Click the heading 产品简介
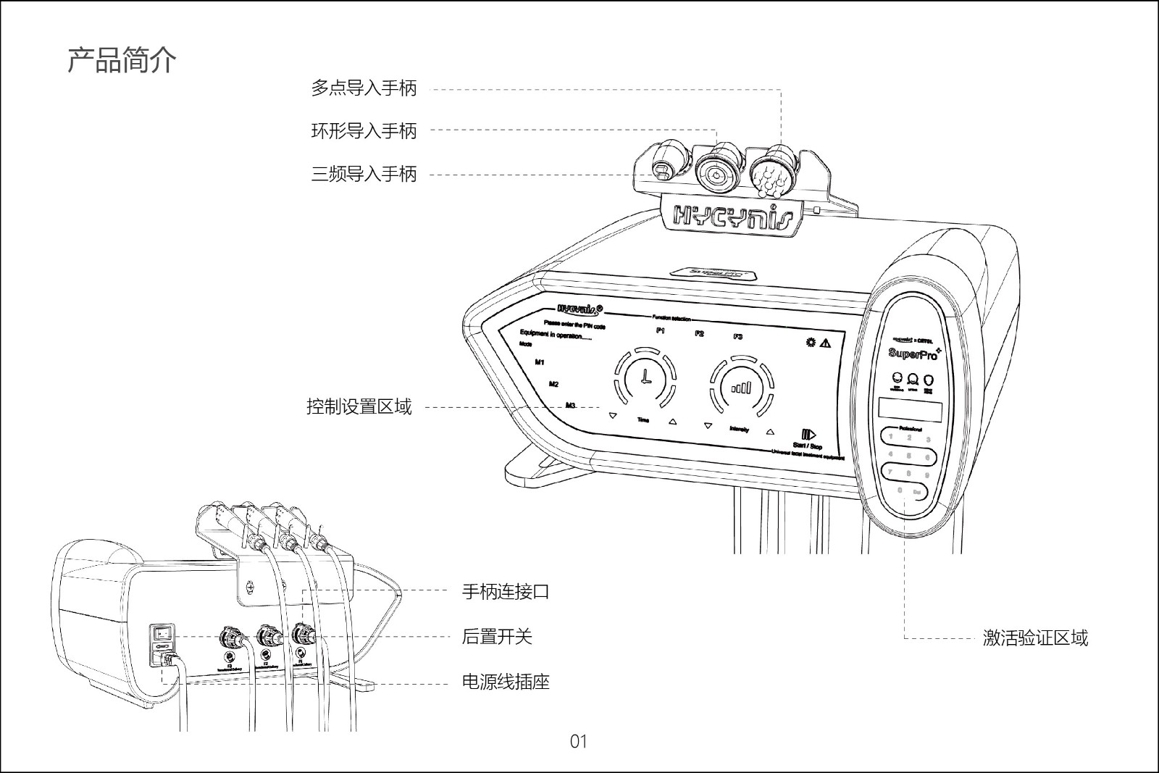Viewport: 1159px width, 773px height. tap(122, 60)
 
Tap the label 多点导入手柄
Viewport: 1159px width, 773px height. tap(364, 88)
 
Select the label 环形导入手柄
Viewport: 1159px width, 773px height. tap(364, 131)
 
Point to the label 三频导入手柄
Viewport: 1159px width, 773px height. tap(364, 174)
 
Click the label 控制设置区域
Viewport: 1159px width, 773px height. tap(359, 407)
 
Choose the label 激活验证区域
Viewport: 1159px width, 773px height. tap(1035, 638)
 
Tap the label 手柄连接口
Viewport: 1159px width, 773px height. tap(506, 592)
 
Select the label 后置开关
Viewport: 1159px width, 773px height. tap(497, 637)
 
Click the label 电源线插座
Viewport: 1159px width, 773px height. tap(506, 682)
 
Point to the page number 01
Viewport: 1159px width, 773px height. tap(578, 741)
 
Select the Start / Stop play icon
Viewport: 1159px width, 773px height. tap(809, 435)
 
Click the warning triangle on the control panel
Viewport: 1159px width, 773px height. tap(824, 343)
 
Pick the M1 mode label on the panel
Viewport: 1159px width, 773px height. tap(540, 362)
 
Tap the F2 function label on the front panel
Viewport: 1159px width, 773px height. tap(699, 334)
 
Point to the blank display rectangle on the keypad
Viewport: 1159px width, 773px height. tap(910, 410)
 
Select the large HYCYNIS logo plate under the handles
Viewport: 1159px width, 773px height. tap(732, 215)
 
